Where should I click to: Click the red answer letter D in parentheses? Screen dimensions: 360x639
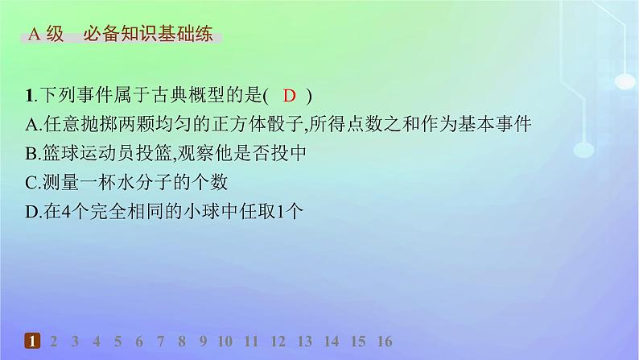291,96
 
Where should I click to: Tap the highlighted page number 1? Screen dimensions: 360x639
31,341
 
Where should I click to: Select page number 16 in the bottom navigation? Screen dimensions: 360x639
384,341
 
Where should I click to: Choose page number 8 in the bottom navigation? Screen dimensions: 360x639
183,341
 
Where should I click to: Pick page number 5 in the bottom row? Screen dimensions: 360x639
117,341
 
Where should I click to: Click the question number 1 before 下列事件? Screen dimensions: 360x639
29,96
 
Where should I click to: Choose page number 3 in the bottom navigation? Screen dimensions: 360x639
75,341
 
